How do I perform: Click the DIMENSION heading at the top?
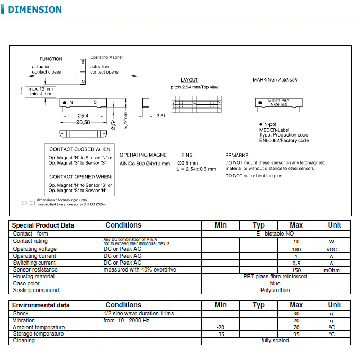pyautogui.click(x=35, y=10)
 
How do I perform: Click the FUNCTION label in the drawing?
pyautogui.click(x=51, y=59)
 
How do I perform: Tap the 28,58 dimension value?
pyautogui.click(x=83, y=122)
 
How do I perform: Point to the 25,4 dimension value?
pyautogui.click(x=83, y=115)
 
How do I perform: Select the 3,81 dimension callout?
pyautogui.click(x=161, y=115)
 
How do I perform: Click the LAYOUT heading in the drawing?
pyautogui.click(x=189, y=79)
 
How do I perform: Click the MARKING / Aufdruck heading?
pyautogui.click(x=275, y=79)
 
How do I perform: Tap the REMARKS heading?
pyautogui.click(x=237, y=155)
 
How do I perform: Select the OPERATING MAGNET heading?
pyautogui.click(x=145, y=155)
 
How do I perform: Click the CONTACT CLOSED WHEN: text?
pyautogui.click(x=80, y=149)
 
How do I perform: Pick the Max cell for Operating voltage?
pyautogui.click(x=296, y=249)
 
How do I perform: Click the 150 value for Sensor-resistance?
pyautogui.click(x=296, y=270)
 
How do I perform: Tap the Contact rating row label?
pyautogui.click(x=30, y=241)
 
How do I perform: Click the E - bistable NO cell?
pyautogui.click(x=275, y=233)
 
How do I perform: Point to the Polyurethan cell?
pyautogui.click(x=275, y=290)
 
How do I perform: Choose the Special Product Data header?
pyautogui.click(x=43, y=225)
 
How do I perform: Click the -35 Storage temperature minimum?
pyautogui.click(x=220, y=334)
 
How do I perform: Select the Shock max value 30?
pyautogui.click(x=296, y=314)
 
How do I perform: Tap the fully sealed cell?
pyautogui.click(x=275, y=341)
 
